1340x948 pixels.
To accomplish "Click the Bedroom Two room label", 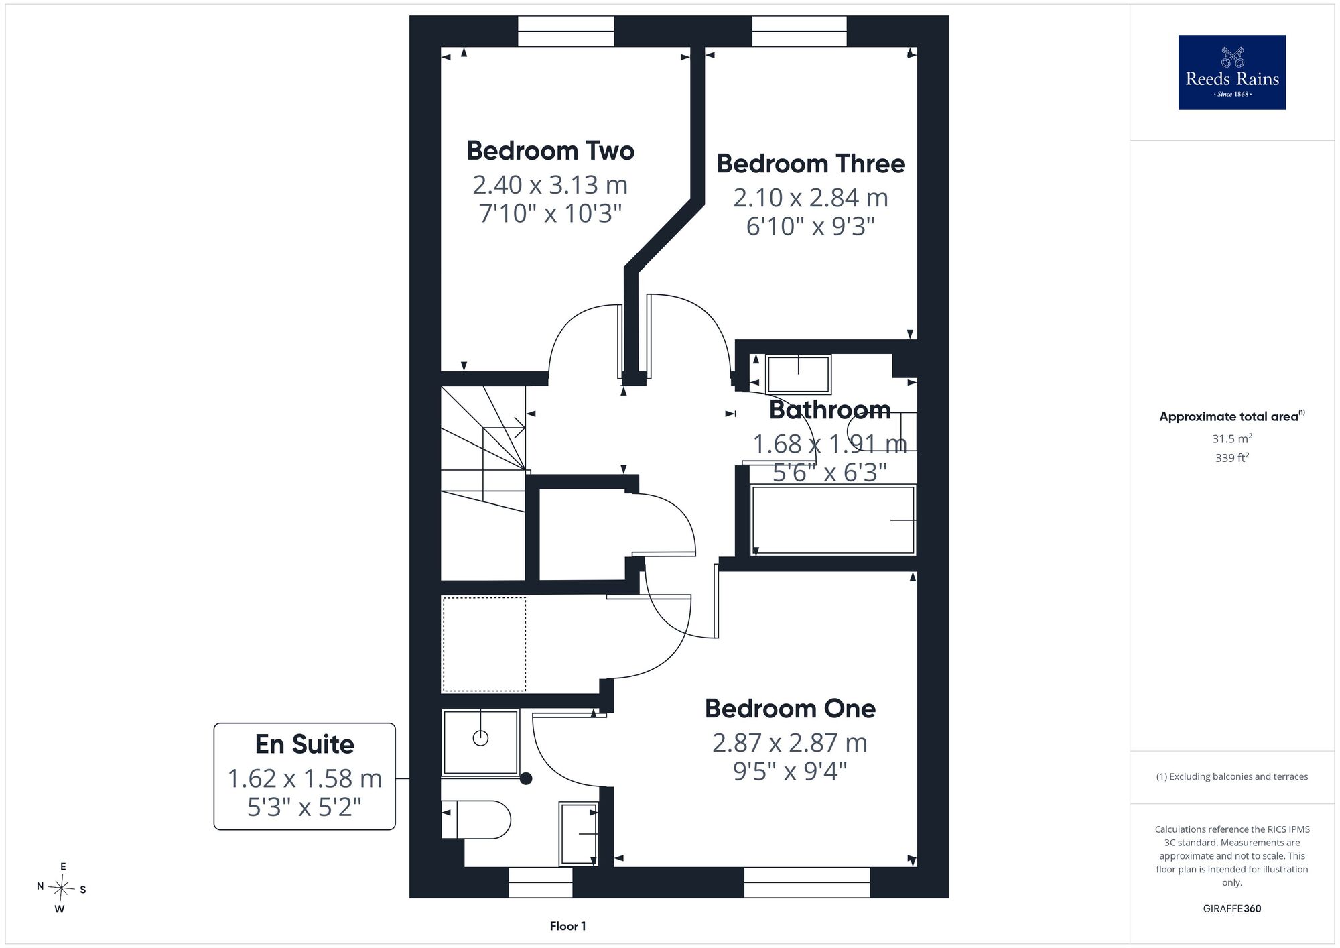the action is point(550,151).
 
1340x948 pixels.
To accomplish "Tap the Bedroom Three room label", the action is point(811,164).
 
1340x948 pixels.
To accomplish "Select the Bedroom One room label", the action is point(790,709).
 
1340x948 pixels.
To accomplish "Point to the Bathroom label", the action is point(829,410).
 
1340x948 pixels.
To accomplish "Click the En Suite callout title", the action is point(305,744).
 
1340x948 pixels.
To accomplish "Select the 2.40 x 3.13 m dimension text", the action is point(550,184).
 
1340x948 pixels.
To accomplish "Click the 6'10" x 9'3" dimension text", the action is point(811,227).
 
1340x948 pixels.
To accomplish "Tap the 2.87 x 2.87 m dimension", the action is point(790,743).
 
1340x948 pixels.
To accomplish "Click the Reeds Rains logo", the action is point(1232,72).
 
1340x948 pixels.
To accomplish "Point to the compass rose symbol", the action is point(61,888).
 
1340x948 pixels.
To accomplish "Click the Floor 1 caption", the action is point(568,926).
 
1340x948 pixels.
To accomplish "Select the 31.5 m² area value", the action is point(1232,438).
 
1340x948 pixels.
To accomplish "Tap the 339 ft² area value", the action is point(1232,458).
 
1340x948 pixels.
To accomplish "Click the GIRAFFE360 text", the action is point(1232,909).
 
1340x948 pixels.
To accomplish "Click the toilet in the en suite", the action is point(476,819).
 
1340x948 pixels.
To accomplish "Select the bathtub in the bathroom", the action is point(833,520).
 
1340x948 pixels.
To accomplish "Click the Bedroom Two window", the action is point(566,32).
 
